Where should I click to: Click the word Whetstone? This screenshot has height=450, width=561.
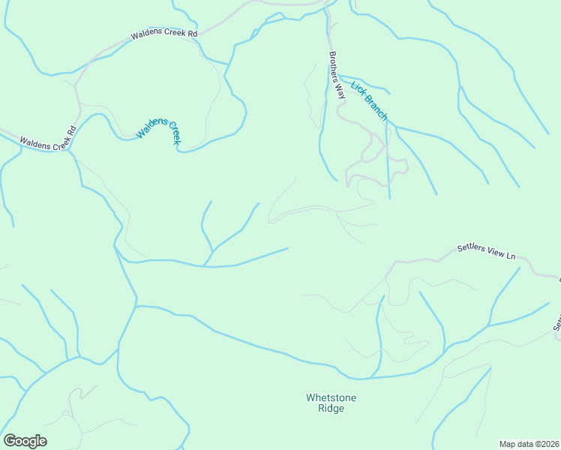click(331, 397)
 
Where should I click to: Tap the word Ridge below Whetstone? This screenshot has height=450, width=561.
click(331, 409)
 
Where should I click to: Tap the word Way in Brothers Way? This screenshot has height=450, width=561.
click(339, 91)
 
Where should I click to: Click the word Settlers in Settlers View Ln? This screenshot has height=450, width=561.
click(472, 249)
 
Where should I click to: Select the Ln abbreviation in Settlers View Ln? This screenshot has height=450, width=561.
click(511, 256)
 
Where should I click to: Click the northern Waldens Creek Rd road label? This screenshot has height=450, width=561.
click(163, 34)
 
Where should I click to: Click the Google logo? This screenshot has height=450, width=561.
click(25, 441)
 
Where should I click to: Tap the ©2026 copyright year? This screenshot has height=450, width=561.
click(546, 443)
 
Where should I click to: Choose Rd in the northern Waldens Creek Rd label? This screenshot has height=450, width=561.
click(192, 34)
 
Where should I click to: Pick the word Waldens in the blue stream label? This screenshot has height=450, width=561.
click(148, 128)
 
